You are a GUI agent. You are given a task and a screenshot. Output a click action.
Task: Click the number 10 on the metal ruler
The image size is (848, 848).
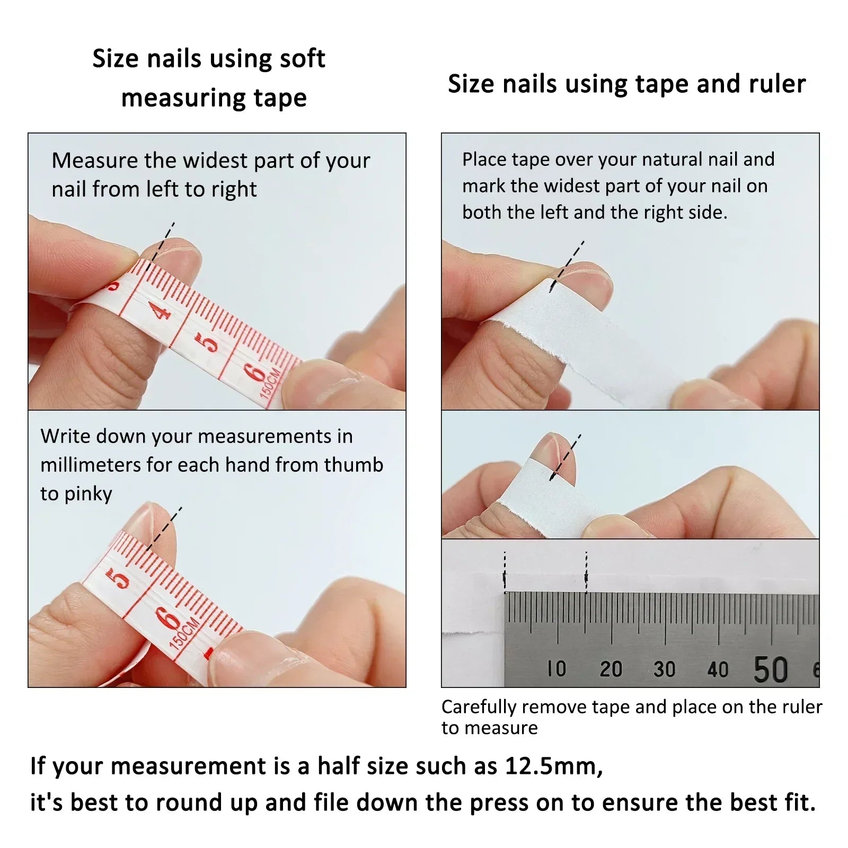tap(556, 669)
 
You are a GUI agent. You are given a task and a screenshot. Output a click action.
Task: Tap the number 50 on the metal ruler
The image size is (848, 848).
tap(771, 669)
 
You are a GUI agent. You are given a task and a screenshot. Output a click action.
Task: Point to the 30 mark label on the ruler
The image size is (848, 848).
tap(664, 669)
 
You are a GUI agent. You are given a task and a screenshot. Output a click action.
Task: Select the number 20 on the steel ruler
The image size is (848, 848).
tap(611, 669)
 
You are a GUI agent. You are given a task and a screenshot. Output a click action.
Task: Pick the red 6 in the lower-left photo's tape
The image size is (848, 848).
tap(169, 618)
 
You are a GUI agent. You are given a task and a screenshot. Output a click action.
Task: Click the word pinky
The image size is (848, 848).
tap(88, 494)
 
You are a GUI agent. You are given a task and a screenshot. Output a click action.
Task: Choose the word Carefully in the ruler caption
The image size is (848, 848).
tap(480, 707)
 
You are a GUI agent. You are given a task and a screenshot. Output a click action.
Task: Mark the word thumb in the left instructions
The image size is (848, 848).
tap(354, 465)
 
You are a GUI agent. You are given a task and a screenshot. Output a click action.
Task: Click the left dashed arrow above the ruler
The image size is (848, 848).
tap(505, 572)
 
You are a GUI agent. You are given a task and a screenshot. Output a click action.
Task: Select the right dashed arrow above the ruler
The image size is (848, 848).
tap(586, 572)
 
